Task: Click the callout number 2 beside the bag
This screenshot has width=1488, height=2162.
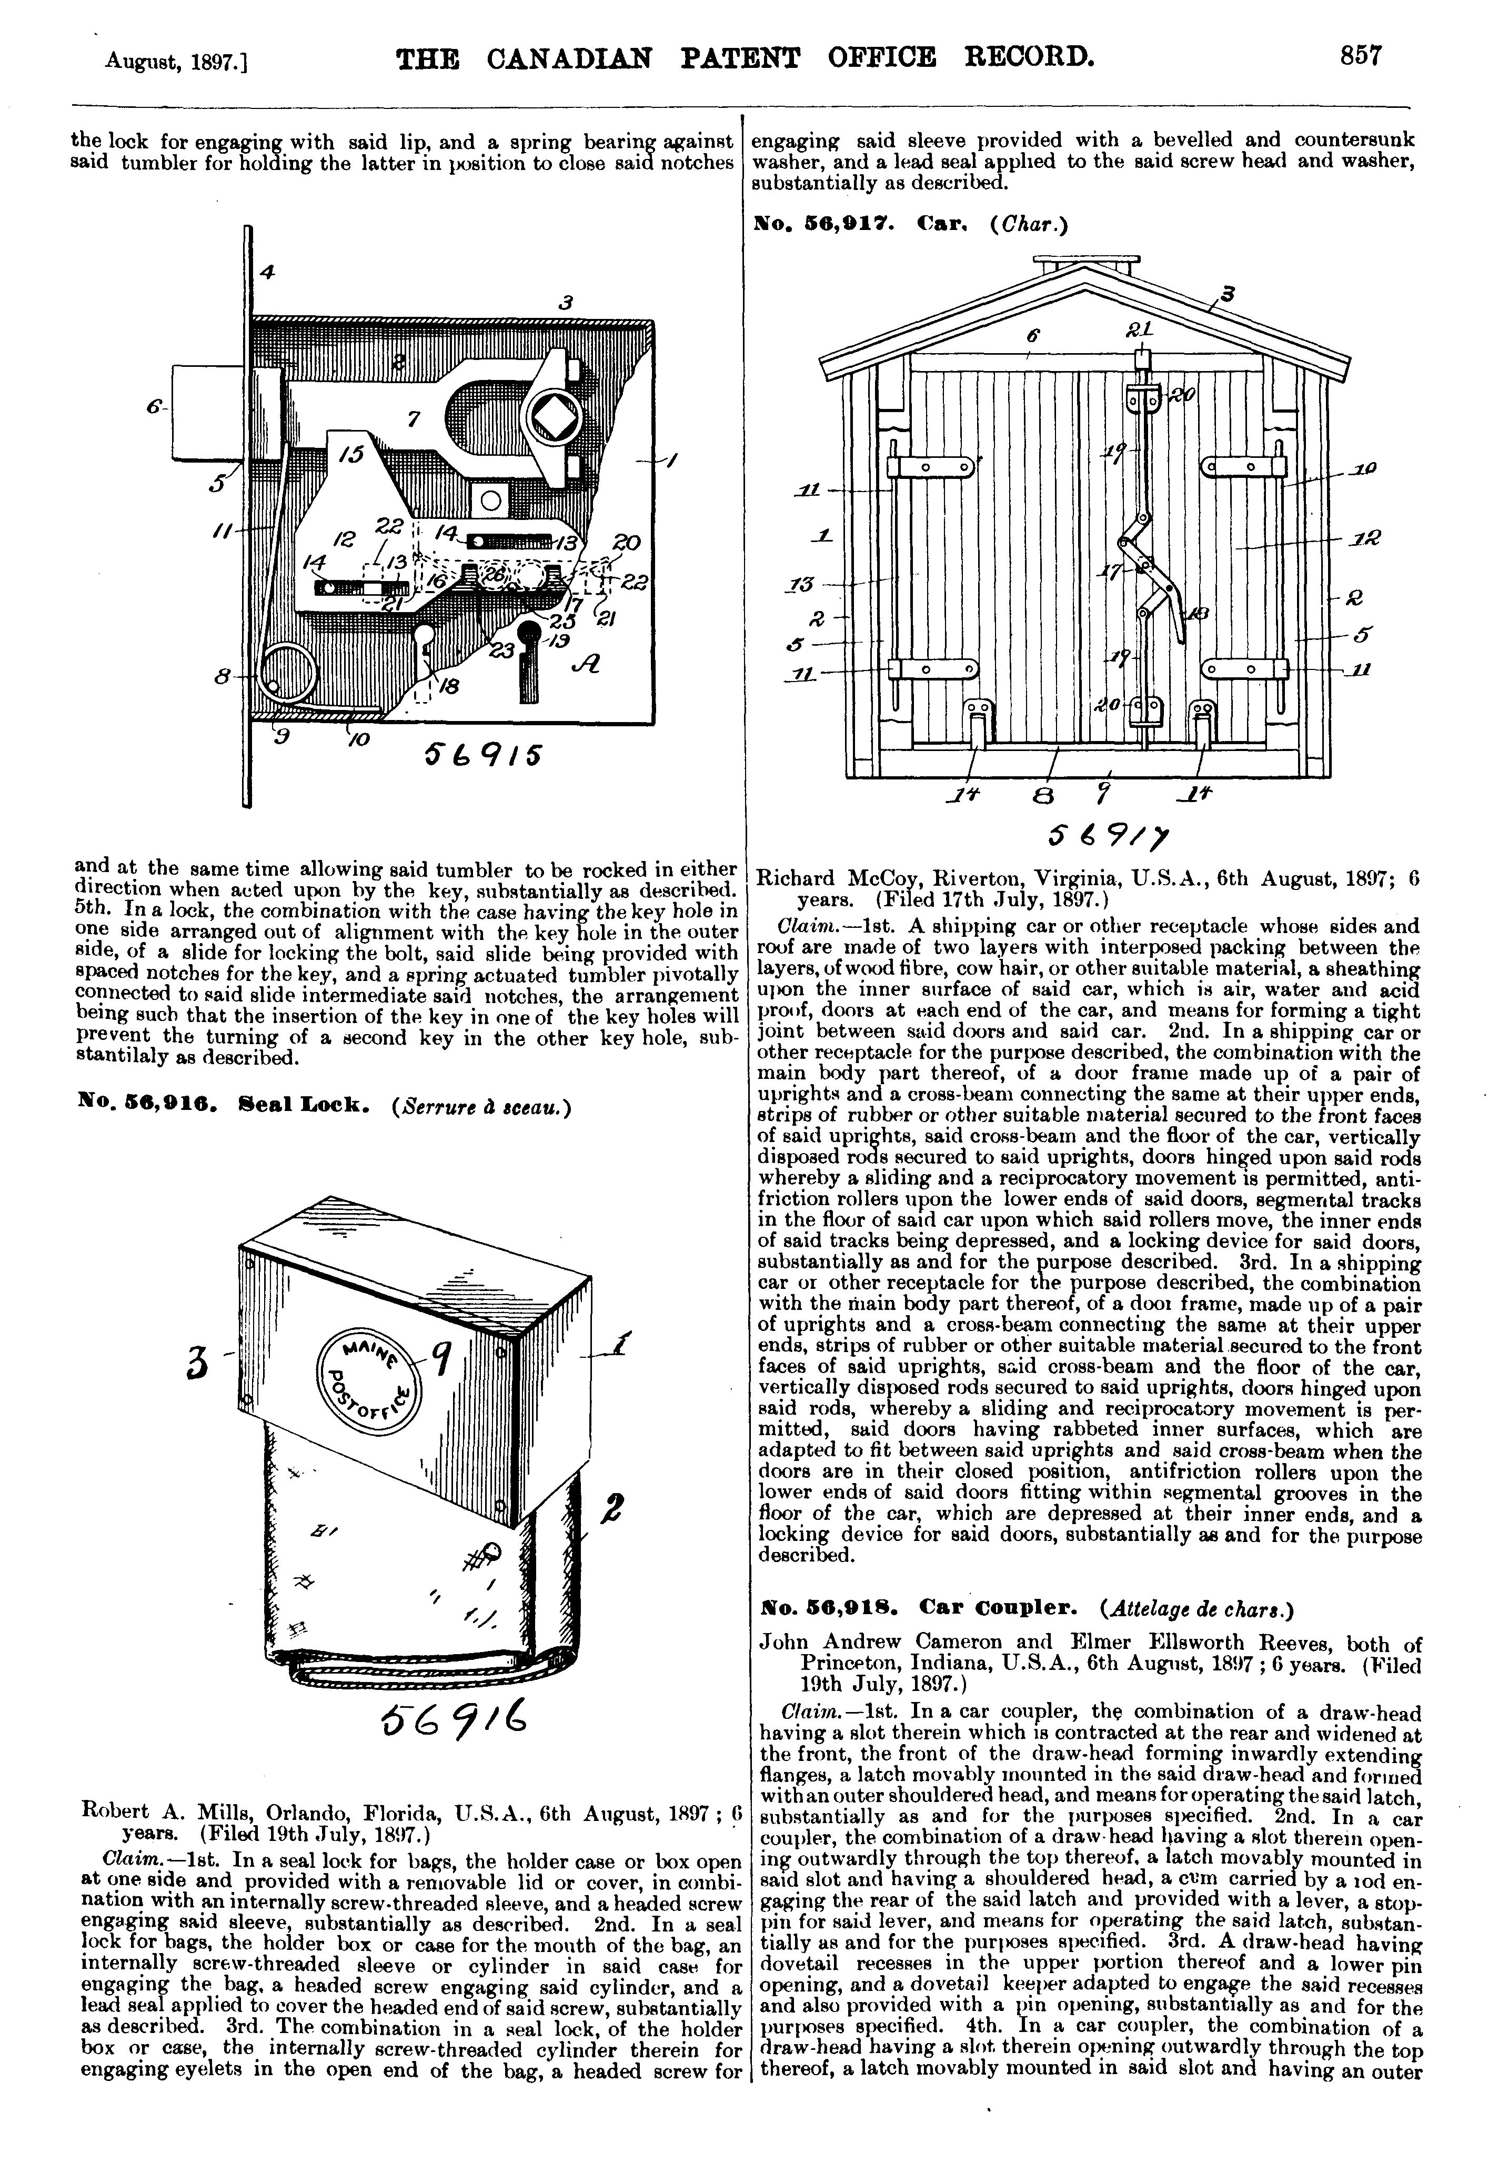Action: click(614, 1508)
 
